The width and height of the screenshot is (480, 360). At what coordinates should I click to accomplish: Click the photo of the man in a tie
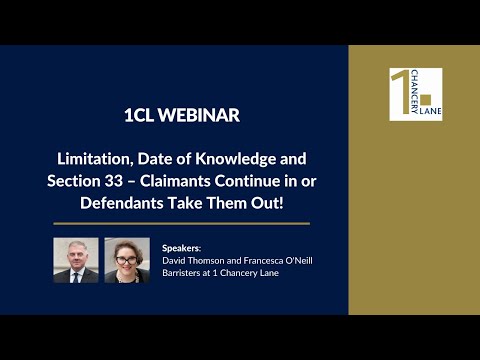[76, 259]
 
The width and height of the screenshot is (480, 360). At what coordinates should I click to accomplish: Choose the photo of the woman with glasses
[127, 259]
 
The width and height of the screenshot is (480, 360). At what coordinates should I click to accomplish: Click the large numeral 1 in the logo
[400, 90]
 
